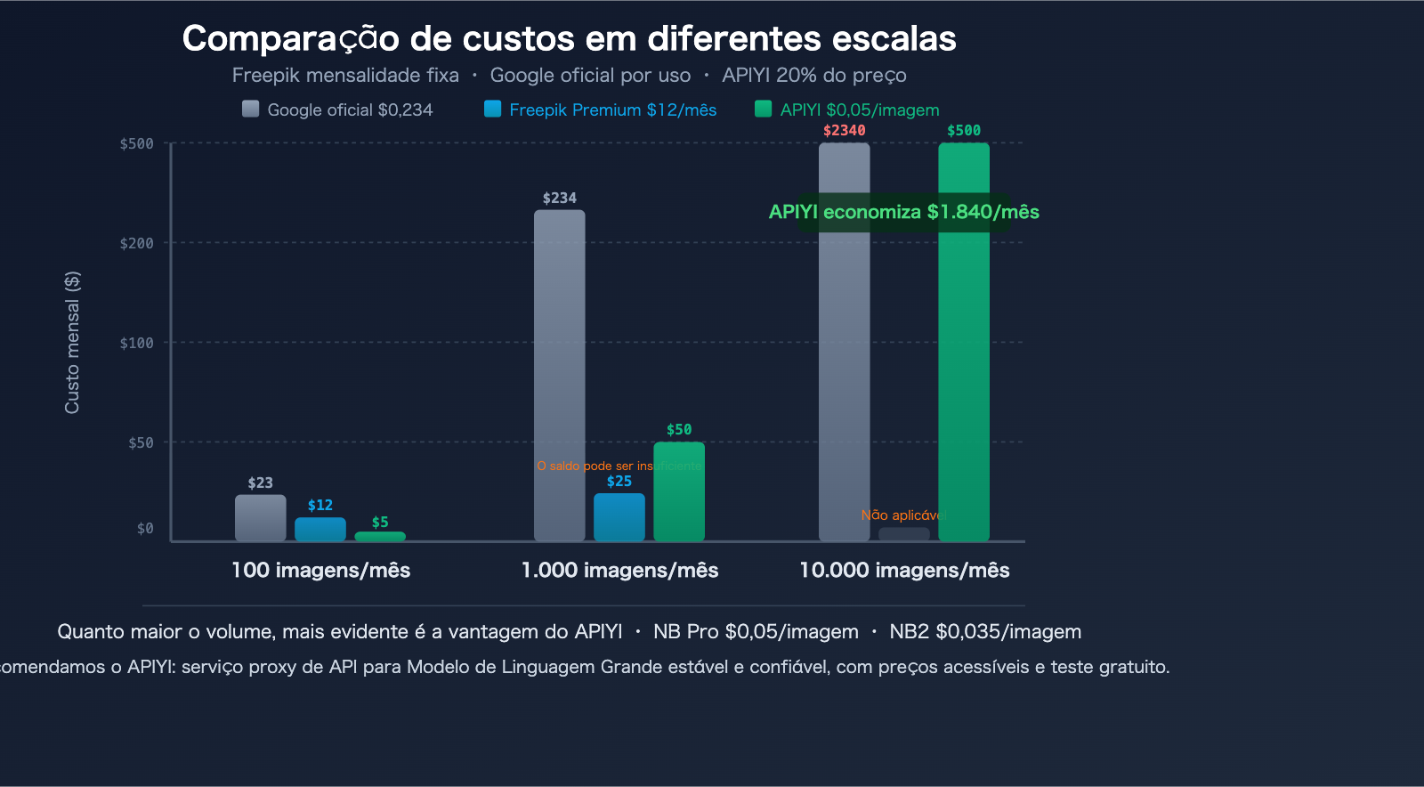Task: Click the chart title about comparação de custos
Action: coord(569,38)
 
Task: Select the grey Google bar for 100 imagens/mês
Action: coord(260,518)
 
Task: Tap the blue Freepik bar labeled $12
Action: coord(320,529)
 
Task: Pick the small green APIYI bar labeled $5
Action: coord(380,536)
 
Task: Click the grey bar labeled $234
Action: coord(559,374)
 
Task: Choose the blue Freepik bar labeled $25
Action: coord(619,517)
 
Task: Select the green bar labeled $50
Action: coord(679,491)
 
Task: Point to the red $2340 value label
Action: coord(844,130)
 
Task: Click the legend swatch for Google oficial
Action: coord(250,109)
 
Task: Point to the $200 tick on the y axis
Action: coord(137,243)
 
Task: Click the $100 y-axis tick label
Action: coord(137,343)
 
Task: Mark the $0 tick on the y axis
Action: coord(145,529)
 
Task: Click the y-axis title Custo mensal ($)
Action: coord(72,342)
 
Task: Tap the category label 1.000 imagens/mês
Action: coord(619,570)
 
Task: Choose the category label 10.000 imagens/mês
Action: coord(904,570)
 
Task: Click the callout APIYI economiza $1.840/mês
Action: coord(904,212)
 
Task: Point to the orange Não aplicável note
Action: coord(901,515)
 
